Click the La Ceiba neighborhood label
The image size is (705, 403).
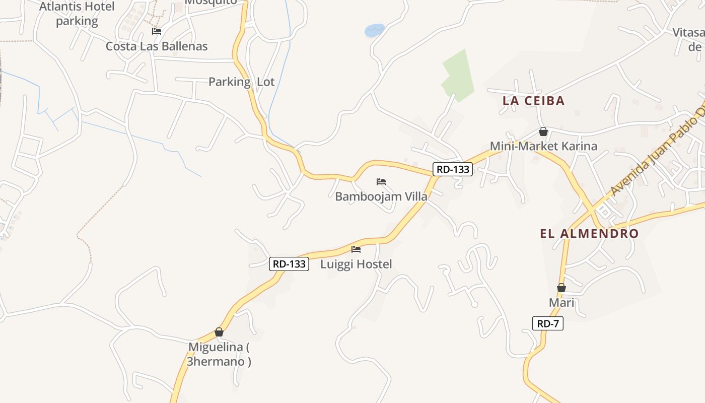[x=533, y=101]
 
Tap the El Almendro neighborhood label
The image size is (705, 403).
[x=589, y=234]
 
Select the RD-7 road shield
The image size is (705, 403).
[x=547, y=323]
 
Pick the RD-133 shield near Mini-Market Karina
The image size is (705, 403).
[x=453, y=169]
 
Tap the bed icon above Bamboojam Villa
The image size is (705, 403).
[x=381, y=182]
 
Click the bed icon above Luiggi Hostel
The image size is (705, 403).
[x=356, y=249]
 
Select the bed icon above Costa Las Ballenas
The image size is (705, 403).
[x=157, y=31]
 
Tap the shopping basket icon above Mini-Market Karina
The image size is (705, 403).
[x=543, y=132]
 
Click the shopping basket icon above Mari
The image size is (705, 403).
[x=561, y=288]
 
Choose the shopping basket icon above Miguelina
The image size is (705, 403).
[x=219, y=332]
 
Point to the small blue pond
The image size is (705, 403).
[x=374, y=31]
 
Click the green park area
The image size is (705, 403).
[x=459, y=76]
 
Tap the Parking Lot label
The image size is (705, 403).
[x=242, y=82]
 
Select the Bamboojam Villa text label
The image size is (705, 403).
[x=381, y=196]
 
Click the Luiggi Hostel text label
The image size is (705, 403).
[x=356, y=264]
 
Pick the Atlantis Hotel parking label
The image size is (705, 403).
[x=77, y=14]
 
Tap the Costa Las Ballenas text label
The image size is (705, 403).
[x=157, y=46]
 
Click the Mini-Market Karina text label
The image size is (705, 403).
[x=543, y=146]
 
